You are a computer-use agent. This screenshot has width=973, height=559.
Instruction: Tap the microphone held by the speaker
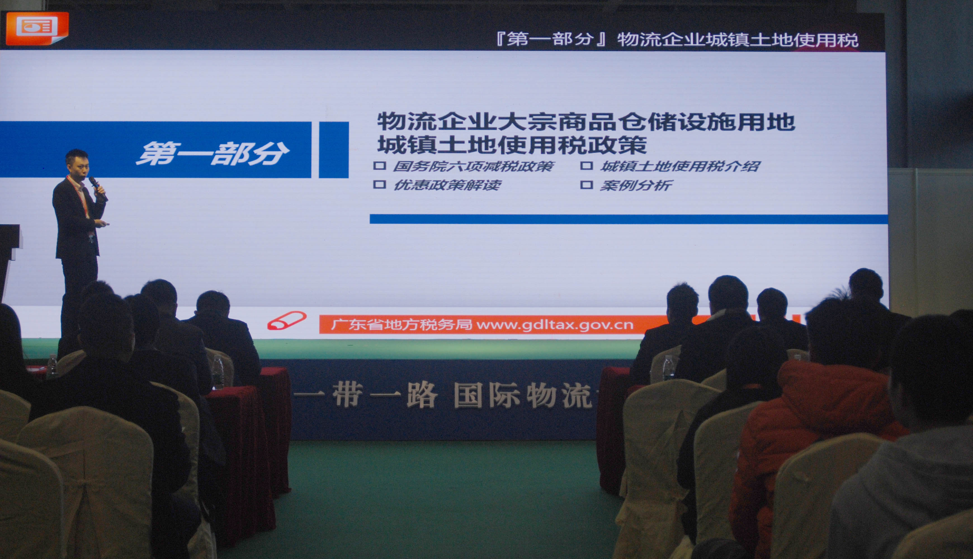(98, 188)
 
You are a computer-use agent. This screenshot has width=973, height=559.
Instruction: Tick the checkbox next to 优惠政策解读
(379, 184)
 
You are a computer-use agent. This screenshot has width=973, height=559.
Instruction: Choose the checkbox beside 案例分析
(586, 185)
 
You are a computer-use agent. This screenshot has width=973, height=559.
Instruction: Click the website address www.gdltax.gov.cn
(555, 325)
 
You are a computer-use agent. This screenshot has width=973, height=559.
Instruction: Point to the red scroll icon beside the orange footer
(287, 321)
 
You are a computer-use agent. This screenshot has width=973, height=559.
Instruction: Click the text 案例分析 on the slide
(636, 185)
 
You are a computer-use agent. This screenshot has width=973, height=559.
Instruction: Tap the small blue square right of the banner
(334, 150)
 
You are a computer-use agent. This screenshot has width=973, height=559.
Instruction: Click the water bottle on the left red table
(218, 372)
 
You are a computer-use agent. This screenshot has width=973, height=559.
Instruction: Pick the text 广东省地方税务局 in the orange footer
(402, 325)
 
